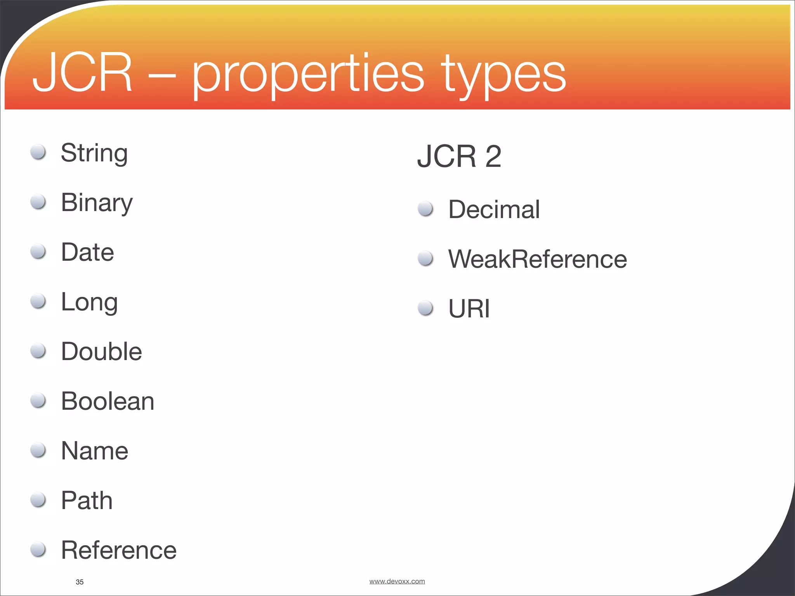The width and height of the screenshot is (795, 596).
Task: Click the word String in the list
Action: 94,153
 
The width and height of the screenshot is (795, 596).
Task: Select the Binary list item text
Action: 97,203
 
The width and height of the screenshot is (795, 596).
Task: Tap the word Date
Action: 87,252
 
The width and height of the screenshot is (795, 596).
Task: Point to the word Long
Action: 89,302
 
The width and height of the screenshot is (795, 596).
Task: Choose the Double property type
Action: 101,352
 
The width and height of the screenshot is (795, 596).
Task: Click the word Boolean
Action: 108,401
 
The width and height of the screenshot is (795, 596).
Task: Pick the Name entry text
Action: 94,451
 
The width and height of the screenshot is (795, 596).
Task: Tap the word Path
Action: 87,501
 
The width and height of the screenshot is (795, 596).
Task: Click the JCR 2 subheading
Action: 459,156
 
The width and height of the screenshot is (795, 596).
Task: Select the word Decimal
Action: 494,210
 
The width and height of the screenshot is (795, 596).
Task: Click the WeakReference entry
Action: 537,259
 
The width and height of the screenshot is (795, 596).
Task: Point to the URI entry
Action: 469,309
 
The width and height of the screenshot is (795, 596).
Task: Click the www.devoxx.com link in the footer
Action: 397,581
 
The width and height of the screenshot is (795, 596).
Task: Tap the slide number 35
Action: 80,582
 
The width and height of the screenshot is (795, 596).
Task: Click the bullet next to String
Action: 38,152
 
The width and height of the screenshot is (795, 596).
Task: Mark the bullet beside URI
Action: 425,308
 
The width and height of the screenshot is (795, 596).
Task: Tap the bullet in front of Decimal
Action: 425,209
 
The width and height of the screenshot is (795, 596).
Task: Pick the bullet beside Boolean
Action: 38,400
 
